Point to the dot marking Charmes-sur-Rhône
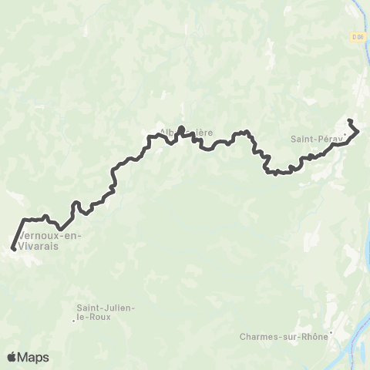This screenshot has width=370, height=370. (x=330, y=334)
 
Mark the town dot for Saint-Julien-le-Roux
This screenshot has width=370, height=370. (x=75, y=321)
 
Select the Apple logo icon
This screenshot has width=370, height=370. (x=12, y=357)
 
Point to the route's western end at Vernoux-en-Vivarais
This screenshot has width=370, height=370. (x=14, y=248)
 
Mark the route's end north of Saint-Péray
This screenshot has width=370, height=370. (x=350, y=121)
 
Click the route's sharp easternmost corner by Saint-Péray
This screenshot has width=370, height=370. (x=358, y=132)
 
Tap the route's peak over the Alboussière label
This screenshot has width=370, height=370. (x=181, y=128)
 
